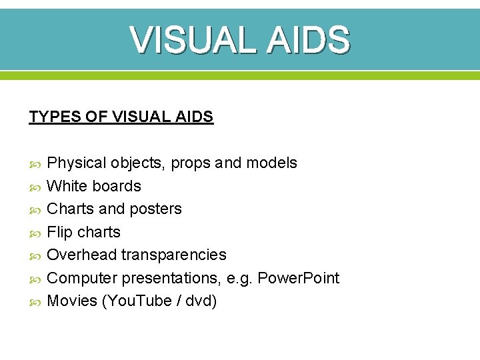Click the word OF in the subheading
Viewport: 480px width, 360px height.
click(97, 117)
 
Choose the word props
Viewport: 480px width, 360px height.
click(192, 163)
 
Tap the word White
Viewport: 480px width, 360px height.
click(68, 186)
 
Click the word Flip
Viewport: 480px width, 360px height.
click(60, 232)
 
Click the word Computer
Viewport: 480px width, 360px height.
click(83, 278)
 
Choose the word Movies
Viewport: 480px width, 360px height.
click(72, 301)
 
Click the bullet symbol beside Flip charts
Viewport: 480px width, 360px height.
click(35, 233)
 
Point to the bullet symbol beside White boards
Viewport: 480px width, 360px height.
click(35, 187)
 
